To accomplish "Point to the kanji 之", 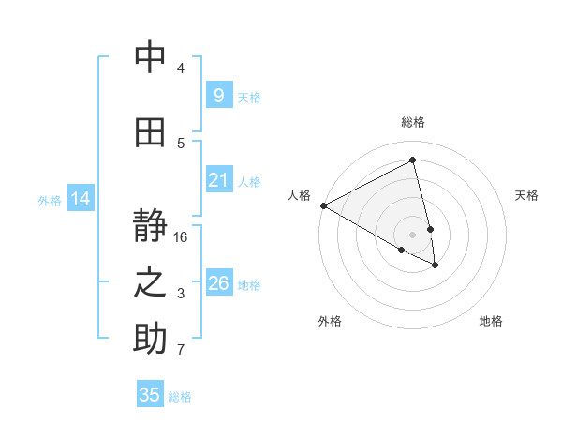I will (150, 283).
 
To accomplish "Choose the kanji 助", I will (150, 339).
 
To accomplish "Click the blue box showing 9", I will (218, 96).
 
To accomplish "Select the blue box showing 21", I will (218, 180).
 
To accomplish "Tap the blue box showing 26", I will (218, 283).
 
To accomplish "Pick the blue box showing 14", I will (81, 199).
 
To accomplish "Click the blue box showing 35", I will (150, 395).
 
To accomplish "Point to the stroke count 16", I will (181, 237).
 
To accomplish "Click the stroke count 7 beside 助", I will (181, 350).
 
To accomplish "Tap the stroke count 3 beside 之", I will (181, 294).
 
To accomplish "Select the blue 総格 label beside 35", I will (180, 397).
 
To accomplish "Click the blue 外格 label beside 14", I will (50, 200).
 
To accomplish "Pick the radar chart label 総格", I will (413, 122).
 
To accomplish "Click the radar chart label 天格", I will (527, 195).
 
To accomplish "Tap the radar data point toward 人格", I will (323, 205).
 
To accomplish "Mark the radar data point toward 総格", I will (413, 160).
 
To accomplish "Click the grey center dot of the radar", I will (412, 234).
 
